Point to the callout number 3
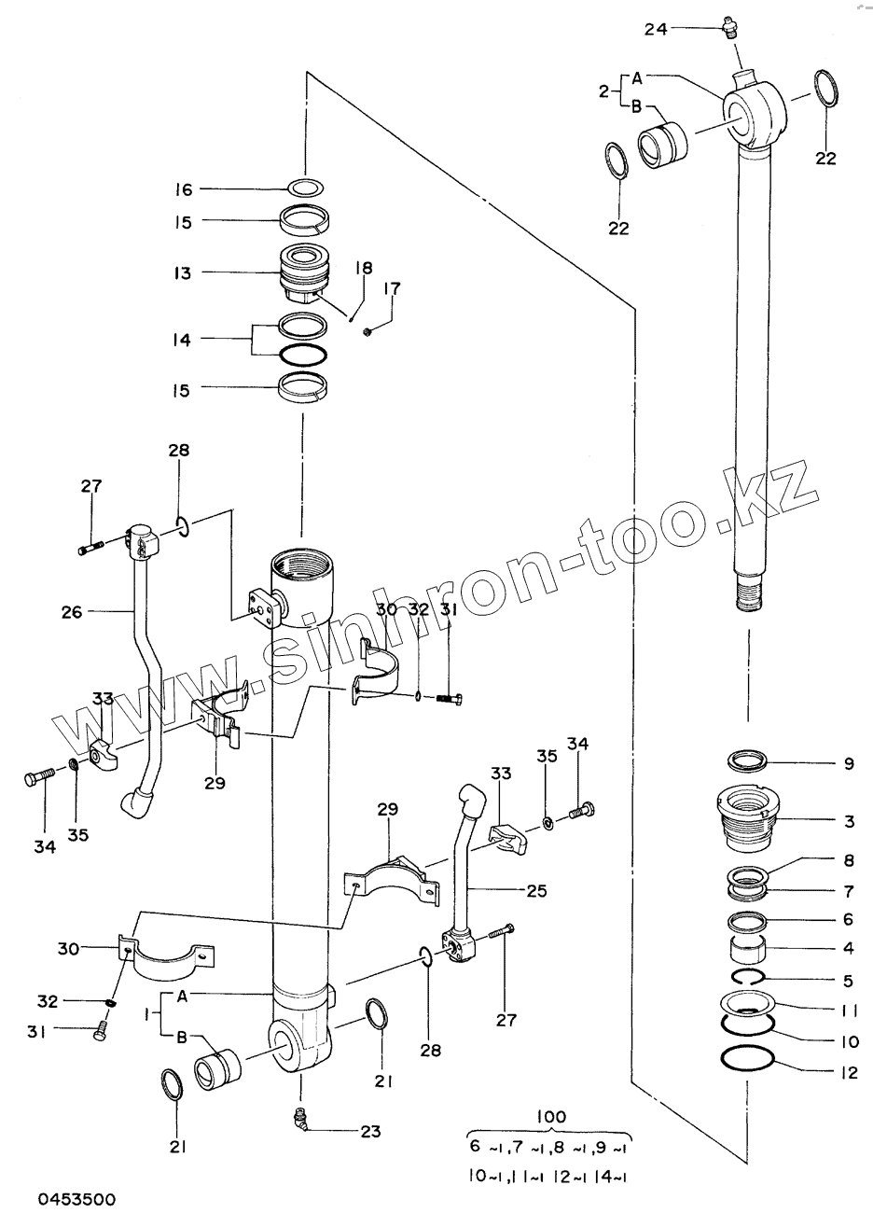[849, 821]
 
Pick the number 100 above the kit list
[551, 1116]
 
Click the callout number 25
[535, 890]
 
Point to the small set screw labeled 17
[369, 330]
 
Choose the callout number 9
[848, 763]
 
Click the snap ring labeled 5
[747, 977]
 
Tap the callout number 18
[363, 268]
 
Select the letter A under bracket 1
[183, 996]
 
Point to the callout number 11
[848, 1009]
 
